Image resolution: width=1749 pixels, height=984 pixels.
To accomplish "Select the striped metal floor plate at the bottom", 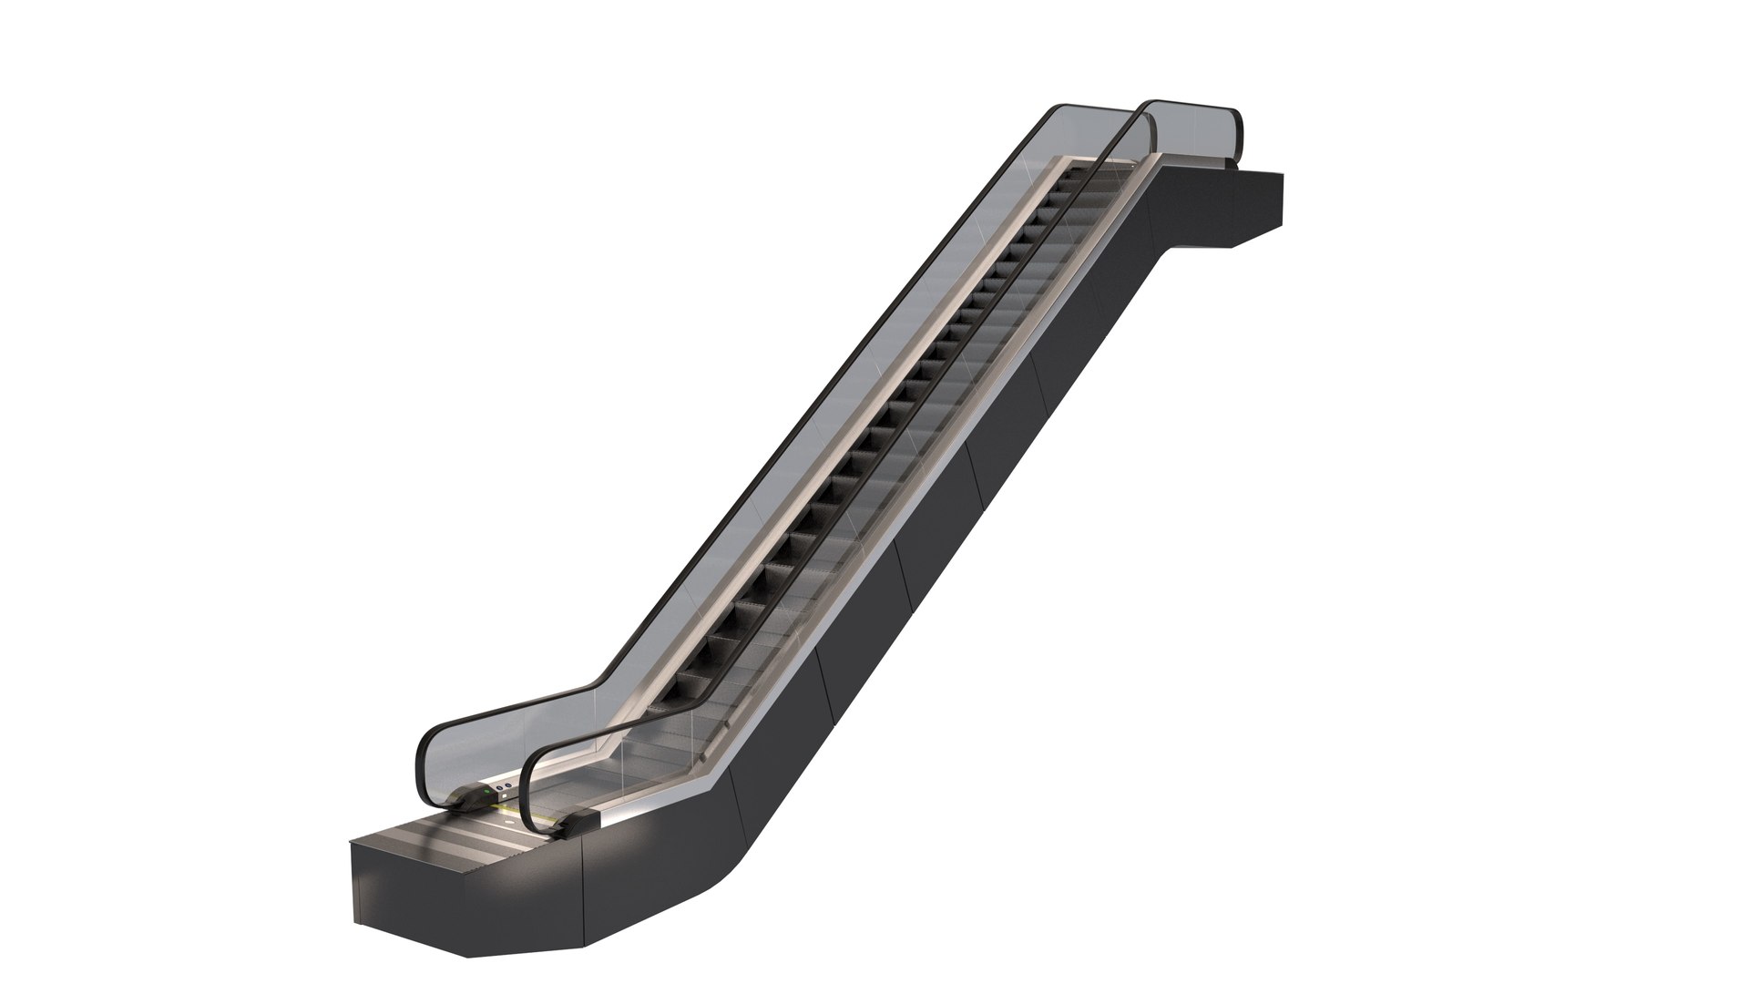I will (474, 843).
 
